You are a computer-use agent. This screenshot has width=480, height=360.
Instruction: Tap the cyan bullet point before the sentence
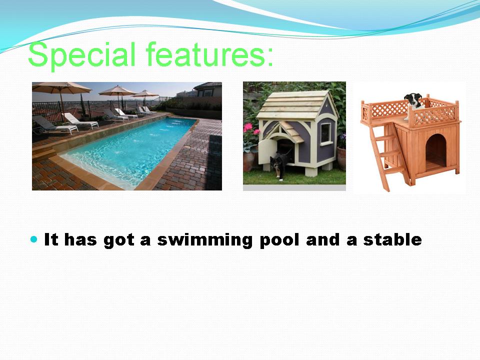[34, 239]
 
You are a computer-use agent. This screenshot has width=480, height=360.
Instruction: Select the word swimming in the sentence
[205, 240]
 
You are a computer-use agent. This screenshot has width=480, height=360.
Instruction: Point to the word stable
[392, 239]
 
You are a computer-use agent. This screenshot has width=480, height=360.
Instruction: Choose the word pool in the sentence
[279, 240]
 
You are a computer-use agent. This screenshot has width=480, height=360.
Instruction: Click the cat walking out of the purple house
[280, 166]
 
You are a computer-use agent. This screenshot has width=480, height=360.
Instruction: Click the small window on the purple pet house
[325, 132]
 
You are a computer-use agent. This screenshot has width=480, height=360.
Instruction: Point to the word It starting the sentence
[51, 239]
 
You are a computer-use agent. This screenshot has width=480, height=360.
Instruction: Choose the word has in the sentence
[80, 239]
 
